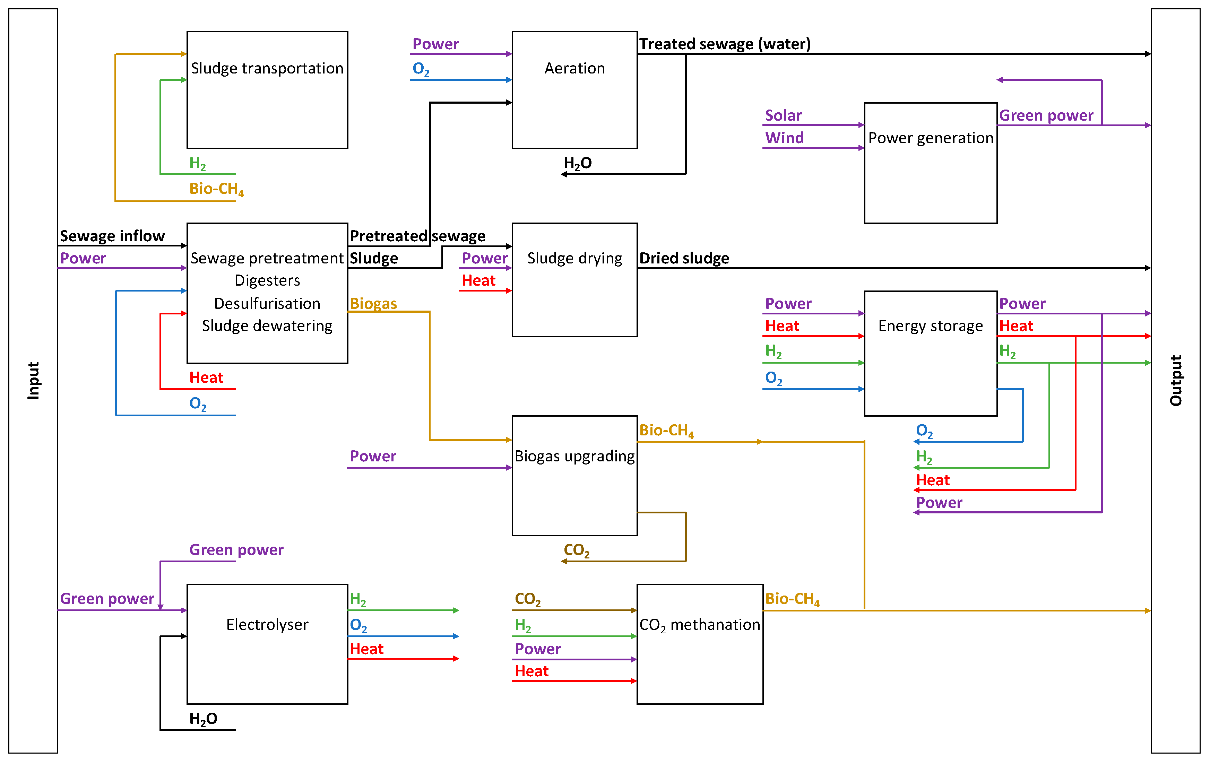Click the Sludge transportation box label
coord(267,68)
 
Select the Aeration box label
coord(574,68)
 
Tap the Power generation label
coord(930,138)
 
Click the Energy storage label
coord(930,326)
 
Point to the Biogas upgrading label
coord(574,456)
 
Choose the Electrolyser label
coord(267,624)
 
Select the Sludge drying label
coord(574,258)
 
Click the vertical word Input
coord(33,380)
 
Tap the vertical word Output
coord(1175,380)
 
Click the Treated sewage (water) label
coord(725,44)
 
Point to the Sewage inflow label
coord(112,236)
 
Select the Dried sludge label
coord(684,258)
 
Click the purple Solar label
coord(783,115)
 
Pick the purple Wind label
coord(784,138)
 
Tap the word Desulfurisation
coord(267,303)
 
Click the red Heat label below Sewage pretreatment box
coord(206,378)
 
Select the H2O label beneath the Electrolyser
coord(203,719)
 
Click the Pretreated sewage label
coord(417,236)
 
